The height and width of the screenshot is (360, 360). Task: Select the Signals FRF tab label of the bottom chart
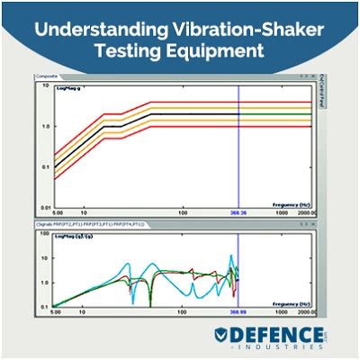[90, 221]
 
